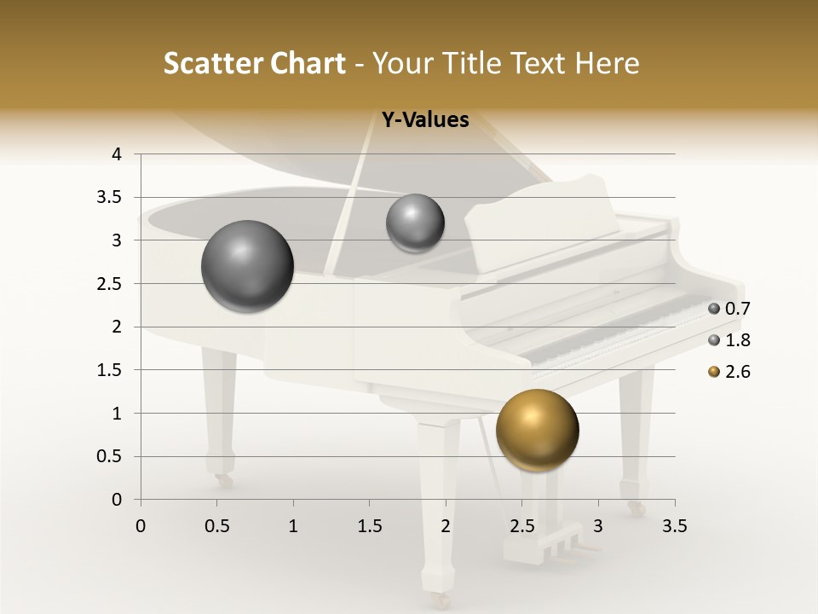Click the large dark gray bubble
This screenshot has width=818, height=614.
[248, 267]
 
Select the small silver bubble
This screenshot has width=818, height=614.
[415, 223]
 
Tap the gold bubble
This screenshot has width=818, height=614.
[537, 431]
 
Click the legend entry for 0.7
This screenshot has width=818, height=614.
[729, 309]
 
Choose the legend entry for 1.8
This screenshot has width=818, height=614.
[729, 340]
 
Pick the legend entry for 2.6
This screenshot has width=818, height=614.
[729, 372]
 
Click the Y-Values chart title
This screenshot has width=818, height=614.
[424, 120]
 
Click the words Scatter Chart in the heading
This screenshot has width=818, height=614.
[254, 63]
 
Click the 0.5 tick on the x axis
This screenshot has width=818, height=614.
[216, 526]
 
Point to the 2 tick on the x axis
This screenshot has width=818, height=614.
[446, 526]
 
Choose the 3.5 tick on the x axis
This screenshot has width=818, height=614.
[674, 526]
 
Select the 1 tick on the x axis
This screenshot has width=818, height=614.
[293, 526]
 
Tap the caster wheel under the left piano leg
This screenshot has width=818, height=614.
[224, 481]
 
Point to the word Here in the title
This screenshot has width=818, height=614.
[607, 63]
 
